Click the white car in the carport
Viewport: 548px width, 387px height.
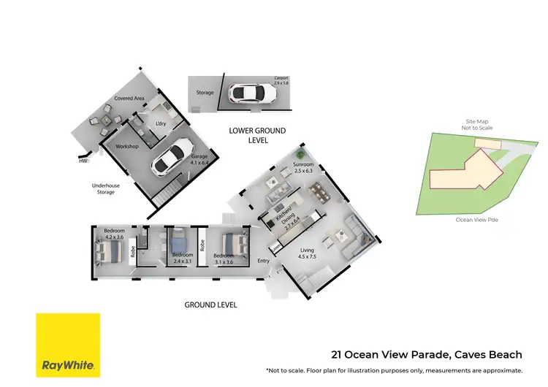248,93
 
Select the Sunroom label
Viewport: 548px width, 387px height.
302,168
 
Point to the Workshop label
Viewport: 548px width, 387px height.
128,147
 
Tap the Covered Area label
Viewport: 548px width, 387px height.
128,99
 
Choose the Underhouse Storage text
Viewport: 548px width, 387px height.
107,189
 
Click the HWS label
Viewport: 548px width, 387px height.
84,161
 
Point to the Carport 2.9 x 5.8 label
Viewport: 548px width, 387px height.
281,80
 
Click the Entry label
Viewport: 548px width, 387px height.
264,261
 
